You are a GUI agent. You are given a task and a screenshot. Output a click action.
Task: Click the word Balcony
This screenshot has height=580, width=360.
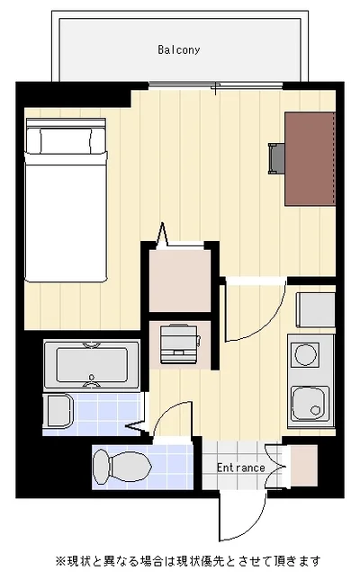[179, 50]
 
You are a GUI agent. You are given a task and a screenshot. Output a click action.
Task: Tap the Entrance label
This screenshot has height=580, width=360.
[240, 468]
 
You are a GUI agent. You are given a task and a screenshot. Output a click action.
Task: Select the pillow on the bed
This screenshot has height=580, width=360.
[66, 140]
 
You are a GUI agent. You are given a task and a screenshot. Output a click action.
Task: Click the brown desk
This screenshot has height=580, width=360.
[310, 159]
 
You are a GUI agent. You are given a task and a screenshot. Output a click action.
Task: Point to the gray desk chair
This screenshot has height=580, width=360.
[276, 158]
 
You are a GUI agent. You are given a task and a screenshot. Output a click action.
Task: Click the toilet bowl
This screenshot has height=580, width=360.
[122, 466]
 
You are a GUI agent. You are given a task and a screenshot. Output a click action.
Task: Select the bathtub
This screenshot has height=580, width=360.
[92, 365]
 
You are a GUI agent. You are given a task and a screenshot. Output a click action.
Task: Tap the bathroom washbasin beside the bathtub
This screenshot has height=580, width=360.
[58, 411]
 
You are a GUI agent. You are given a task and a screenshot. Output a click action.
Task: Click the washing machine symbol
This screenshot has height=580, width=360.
[180, 344]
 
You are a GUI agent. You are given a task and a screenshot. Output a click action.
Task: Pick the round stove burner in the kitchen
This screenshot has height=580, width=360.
[306, 354]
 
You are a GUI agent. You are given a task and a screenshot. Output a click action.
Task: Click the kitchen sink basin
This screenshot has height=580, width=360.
[310, 404]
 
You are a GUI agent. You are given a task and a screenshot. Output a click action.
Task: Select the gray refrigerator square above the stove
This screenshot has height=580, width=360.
[316, 310]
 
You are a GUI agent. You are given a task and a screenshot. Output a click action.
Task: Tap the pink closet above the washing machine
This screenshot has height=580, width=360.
[180, 281]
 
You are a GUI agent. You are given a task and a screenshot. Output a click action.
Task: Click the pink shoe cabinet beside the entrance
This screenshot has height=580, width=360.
[304, 466]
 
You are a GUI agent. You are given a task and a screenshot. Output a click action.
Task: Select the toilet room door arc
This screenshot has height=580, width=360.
[167, 410]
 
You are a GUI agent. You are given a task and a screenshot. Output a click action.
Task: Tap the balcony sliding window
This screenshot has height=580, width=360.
[216, 85]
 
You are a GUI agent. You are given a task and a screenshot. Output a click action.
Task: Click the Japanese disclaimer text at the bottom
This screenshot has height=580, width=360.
[188, 561]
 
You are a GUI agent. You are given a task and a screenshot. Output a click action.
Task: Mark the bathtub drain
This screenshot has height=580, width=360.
[92, 378]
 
